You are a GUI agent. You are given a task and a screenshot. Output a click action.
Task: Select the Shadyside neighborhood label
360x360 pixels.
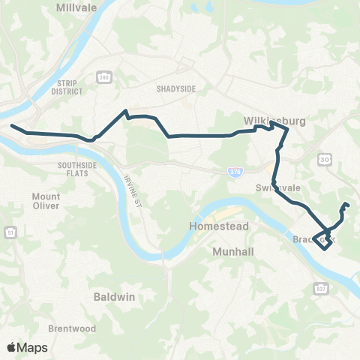(x=175, y=88)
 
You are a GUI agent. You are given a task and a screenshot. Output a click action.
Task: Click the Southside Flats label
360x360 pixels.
(x=78, y=169)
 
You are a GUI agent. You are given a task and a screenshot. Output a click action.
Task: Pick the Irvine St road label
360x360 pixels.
(x=133, y=190)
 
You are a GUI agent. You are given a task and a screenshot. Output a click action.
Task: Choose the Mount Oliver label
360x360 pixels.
(x=46, y=202)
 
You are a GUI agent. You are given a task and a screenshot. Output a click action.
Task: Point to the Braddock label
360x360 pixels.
(x=309, y=240)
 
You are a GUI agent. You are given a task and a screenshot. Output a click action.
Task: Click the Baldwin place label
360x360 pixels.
(x=114, y=296)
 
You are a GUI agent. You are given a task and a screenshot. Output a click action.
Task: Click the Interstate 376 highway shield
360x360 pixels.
(x=235, y=172)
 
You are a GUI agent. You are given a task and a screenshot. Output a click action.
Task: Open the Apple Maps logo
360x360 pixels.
(x=27, y=347)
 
